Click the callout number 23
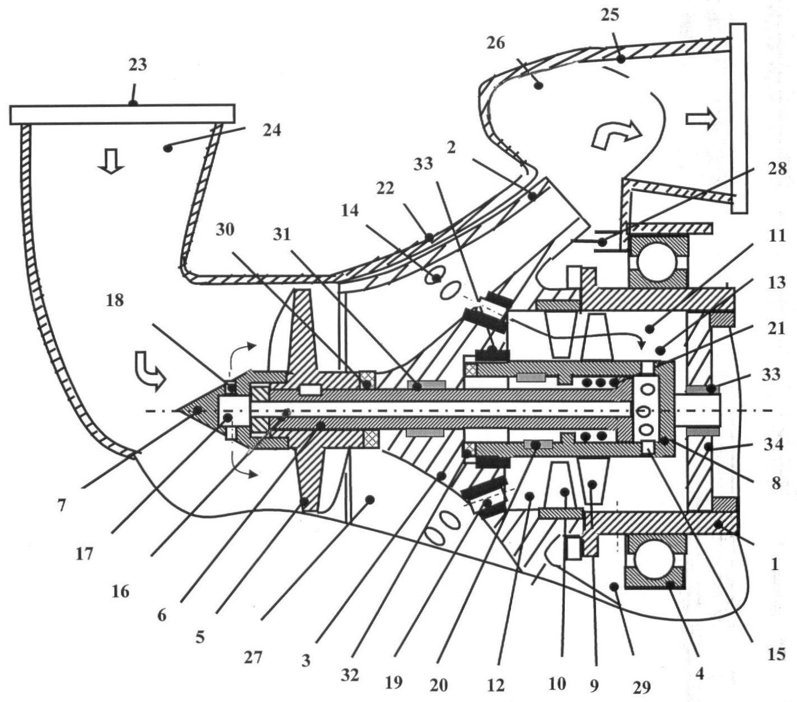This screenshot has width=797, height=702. [x=138, y=64]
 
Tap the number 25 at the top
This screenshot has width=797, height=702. [x=610, y=15]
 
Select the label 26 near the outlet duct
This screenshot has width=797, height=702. [x=495, y=43]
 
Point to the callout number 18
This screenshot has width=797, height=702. [x=115, y=300]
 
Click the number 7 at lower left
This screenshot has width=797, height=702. [x=62, y=505]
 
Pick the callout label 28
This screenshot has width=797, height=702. [x=777, y=169]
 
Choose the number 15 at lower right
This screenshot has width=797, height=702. [x=776, y=654]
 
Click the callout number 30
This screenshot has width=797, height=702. [x=225, y=230]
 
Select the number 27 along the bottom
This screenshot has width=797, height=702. [x=252, y=658]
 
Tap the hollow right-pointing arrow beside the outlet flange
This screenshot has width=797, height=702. [x=701, y=119]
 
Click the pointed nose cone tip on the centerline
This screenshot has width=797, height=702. [x=178, y=411]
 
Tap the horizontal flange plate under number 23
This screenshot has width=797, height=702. [x=123, y=115]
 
